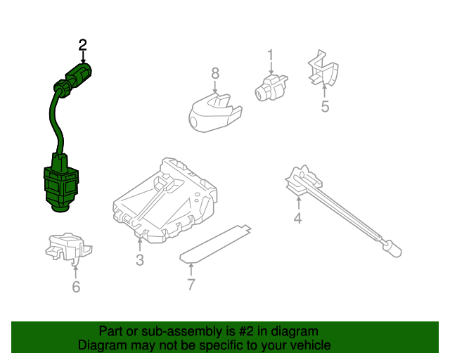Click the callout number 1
(x=269, y=55)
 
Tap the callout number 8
(x=215, y=72)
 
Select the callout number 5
(x=325, y=106)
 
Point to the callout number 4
(x=297, y=219)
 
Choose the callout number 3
(x=139, y=261)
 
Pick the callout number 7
(x=191, y=284)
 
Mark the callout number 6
(x=76, y=286)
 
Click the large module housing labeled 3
(x=165, y=200)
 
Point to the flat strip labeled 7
(x=214, y=243)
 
